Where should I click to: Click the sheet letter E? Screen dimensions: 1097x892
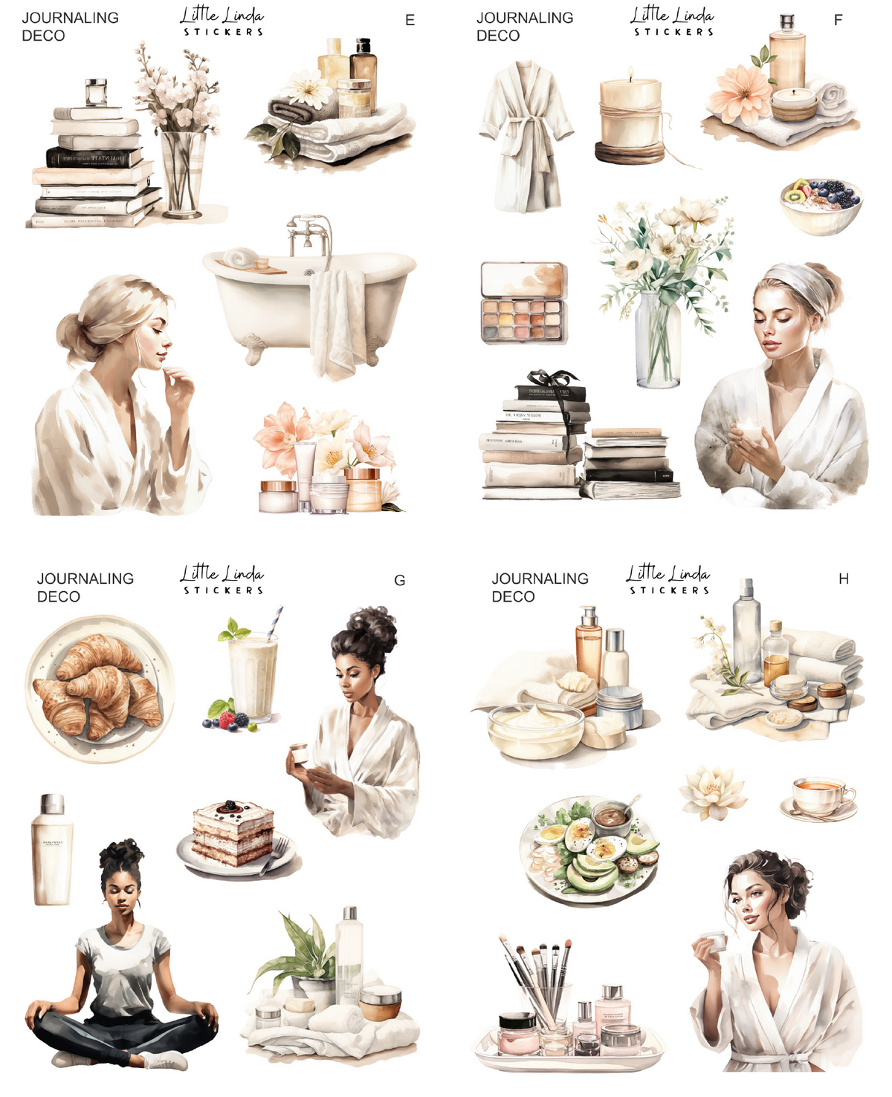410,21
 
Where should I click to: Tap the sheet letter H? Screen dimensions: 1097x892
843,579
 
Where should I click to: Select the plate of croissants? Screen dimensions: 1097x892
100,689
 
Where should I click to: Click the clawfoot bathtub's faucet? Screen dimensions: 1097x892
309,230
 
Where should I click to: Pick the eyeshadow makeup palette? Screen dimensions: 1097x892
523,302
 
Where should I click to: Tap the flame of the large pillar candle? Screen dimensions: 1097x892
630,74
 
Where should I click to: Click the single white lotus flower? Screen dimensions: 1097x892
712,792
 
